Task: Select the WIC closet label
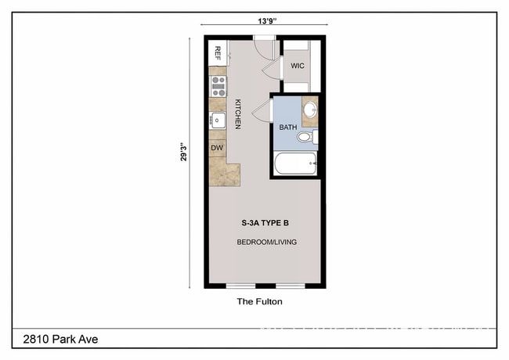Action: tap(298, 66)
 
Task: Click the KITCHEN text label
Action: tap(236, 113)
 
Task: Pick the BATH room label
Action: tap(289, 126)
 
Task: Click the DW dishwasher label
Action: tap(217, 146)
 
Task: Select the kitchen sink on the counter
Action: tap(217, 120)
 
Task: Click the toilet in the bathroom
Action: tap(306, 138)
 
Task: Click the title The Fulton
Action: tap(258, 301)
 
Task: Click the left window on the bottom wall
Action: tap(240, 286)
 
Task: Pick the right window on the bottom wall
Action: tap(290, 286)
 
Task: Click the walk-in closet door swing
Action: tap(271, 69)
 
